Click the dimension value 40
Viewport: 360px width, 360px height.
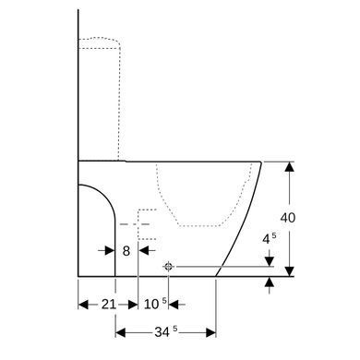pos(288,218)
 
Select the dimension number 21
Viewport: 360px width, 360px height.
pos(109,305)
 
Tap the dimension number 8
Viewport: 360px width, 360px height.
pos(126,251)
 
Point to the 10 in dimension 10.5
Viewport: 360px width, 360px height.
pos(151,305)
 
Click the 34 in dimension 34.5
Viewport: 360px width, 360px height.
pos(162,332)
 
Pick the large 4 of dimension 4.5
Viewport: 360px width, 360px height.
pos(266,239)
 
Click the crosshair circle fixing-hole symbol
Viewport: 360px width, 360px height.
pos(168,267)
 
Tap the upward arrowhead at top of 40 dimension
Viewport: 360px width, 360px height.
pos(289,166)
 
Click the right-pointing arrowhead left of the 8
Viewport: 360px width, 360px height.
pos(110,251)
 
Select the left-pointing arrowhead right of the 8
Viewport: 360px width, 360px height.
pos(143,251)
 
